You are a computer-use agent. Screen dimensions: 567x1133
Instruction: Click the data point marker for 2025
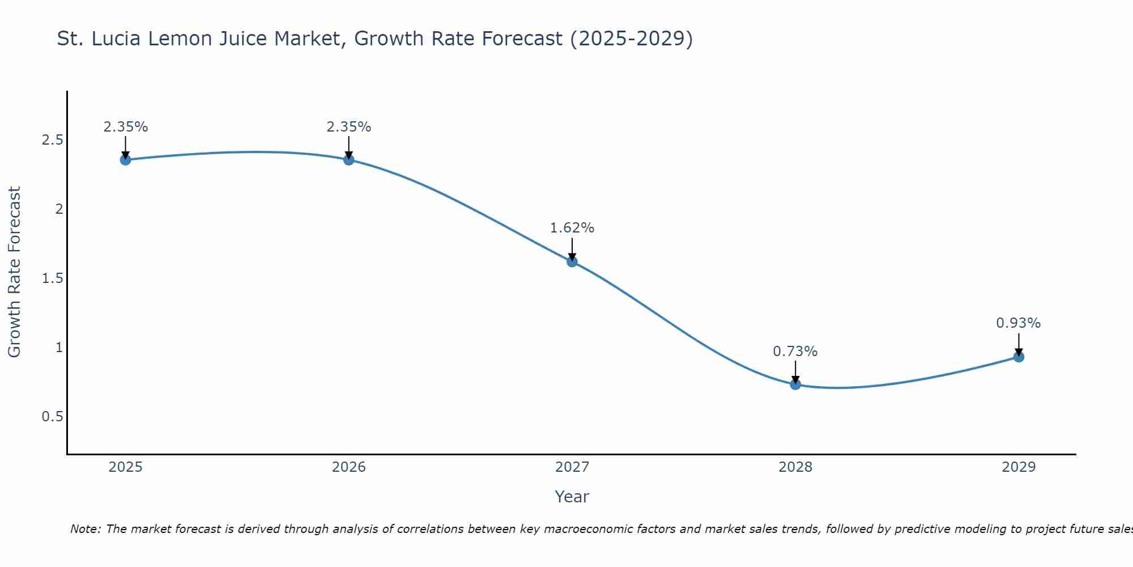(125, 160)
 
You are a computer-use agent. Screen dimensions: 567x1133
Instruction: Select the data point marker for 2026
(348, 160)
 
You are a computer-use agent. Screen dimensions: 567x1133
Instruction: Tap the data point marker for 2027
(572, 261)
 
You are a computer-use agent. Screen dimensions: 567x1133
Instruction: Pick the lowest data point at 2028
(795, 384)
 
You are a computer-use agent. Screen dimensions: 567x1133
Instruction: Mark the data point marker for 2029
(1018, 357)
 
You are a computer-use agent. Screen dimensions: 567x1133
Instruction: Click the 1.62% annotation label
(572, 228)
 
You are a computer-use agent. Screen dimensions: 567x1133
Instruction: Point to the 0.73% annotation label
(795, 352)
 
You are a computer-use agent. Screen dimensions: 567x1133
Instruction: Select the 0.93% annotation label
(1018, 323)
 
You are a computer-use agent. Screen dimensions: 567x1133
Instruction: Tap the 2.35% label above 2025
(125, 127)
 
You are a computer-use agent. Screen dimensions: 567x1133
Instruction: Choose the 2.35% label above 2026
(348, 127)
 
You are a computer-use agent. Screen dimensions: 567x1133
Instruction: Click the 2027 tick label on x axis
(572, 467)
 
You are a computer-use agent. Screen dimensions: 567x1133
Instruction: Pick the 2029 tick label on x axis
(1018, 467)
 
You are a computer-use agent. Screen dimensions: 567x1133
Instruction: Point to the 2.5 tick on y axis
(52, 140)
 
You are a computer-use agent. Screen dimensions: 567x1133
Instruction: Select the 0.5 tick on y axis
(52, 417)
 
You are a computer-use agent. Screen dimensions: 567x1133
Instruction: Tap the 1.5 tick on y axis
(52, 278)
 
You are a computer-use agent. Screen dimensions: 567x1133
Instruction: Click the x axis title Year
(572, 497)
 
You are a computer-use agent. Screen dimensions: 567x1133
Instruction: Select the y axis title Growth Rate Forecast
(14, 272)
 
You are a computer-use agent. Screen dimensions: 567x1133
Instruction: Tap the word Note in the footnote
(84, 529)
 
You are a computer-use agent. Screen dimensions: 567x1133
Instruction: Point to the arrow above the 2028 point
(795, 371)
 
